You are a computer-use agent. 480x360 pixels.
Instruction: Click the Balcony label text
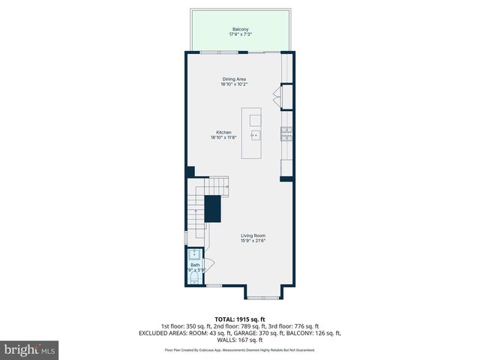239,29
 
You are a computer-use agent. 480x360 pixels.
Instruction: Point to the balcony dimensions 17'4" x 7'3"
239,34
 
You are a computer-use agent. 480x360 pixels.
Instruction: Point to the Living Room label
253,235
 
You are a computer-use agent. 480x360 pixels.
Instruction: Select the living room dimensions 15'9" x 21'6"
253,241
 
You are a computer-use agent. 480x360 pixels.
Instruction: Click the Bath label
194,265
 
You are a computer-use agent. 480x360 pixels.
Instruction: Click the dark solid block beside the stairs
213,208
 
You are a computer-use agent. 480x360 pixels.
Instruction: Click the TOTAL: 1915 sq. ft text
239,319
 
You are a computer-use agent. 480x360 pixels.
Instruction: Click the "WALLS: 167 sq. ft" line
239,340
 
